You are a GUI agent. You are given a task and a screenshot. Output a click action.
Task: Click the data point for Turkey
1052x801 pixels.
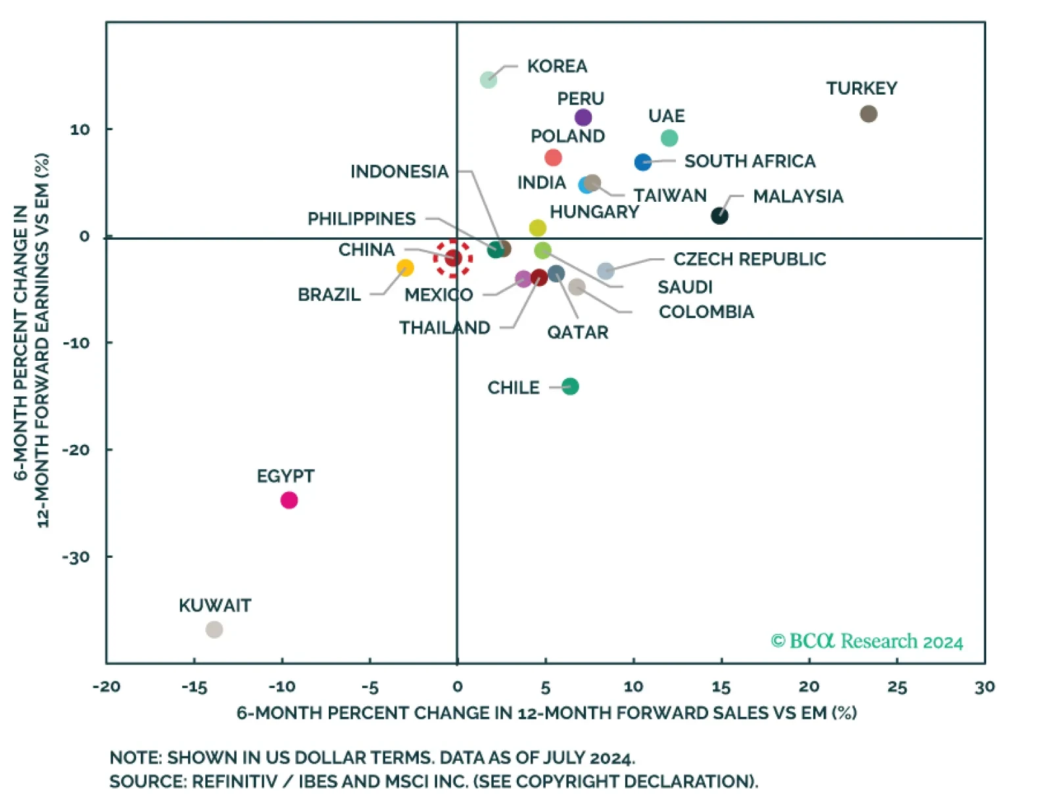868,114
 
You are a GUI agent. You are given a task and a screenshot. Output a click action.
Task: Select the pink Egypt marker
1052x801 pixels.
289,501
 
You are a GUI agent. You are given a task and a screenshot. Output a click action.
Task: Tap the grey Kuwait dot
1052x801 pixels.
214,629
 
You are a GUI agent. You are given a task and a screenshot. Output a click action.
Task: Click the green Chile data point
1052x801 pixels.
570,386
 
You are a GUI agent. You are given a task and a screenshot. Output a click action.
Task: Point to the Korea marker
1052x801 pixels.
489,80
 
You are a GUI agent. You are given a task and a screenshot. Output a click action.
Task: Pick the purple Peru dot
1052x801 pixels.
583,118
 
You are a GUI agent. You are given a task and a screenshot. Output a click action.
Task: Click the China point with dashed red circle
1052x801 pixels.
453,258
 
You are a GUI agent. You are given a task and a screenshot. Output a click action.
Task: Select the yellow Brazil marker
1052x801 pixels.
405,268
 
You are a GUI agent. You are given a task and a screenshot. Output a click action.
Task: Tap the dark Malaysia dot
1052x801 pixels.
719,216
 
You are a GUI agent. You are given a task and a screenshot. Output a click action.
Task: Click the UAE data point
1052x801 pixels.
669,138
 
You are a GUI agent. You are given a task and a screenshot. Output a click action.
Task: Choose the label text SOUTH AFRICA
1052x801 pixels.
750,162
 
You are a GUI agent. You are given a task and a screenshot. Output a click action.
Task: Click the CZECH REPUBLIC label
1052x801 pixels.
750,259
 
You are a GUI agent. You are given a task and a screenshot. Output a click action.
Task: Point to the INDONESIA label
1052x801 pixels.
399,172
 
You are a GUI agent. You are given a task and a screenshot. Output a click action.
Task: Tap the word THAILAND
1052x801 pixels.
444,328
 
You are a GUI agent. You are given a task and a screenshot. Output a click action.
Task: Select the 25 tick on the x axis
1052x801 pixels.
897,687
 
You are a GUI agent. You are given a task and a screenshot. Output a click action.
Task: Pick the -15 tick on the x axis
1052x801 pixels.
194,687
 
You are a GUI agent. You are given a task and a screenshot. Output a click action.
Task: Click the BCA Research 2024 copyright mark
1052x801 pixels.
867,641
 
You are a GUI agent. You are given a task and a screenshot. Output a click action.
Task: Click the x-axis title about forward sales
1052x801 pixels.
546,713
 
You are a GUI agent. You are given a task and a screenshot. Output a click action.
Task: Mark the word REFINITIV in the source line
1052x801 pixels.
239,781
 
